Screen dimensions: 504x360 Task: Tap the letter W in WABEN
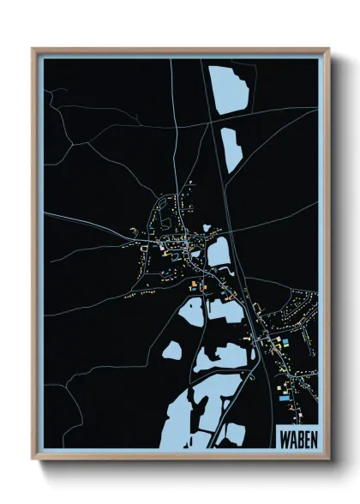pyautogui.click(x=284, y=437)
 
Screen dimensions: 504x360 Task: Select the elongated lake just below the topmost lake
pyautogui.click(x=231, y=148)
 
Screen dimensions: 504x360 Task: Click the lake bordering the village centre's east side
pyautogui.click(x=219, y=252)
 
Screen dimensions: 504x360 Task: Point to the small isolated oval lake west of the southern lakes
pyautogui.click(x=172, y=351)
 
